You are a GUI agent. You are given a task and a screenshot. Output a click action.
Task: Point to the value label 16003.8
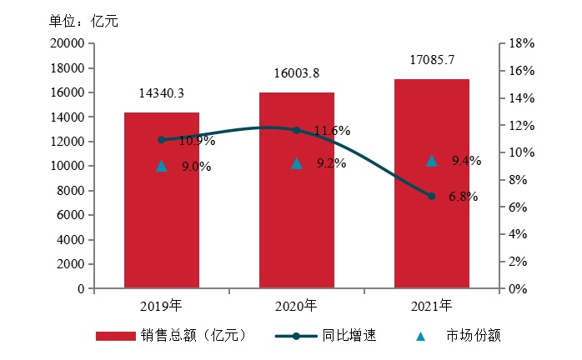(x=297, y=73)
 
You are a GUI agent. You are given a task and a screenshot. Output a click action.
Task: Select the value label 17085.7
(x=432, y=60)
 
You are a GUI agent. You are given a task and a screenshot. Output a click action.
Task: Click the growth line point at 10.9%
(x=162, y=140)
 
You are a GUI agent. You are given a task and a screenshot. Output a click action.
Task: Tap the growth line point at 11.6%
(x=296, y=130)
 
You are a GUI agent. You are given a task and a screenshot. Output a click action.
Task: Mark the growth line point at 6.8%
(x=431, y=196)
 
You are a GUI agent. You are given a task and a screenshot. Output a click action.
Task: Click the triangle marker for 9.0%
(x=162, y=166)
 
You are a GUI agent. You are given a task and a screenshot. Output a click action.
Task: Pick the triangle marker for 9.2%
(x=296, y=163)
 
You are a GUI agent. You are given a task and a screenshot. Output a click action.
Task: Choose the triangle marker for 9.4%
(x=431, y=161)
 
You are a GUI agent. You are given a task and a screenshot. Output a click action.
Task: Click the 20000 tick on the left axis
(x=68, y=43)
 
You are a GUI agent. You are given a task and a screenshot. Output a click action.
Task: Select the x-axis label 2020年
(x=296, y=305)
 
